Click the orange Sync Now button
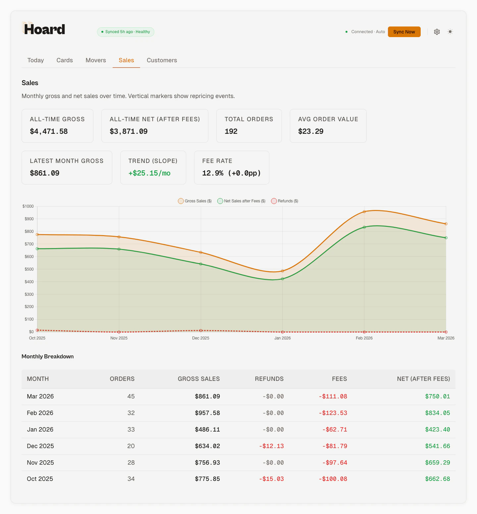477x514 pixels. coord(404,32)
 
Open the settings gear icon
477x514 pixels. coord(437,32)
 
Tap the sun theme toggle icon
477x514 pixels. coord(450,32)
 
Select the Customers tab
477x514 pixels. coord(162,60)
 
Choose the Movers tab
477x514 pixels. coord(96,60)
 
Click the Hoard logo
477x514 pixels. coord(44,29)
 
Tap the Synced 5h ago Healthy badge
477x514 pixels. coord(126,32)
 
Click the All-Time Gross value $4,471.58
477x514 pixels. coord(49,131)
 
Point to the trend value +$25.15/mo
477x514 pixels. coord(149,173)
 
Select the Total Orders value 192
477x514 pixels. coord(231,131)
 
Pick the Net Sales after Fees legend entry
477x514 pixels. coord(241,201)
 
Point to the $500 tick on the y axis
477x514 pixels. coord(29,269)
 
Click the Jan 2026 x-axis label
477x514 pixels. coord(282,338)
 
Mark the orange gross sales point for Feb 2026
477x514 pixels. coord(364,212)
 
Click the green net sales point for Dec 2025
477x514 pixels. coord(201,264)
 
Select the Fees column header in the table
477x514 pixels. coord(339,379)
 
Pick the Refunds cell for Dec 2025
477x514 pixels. coord(271,446)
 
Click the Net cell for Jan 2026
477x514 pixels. coord(437,430)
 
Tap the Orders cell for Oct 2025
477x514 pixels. coord(131,479)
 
